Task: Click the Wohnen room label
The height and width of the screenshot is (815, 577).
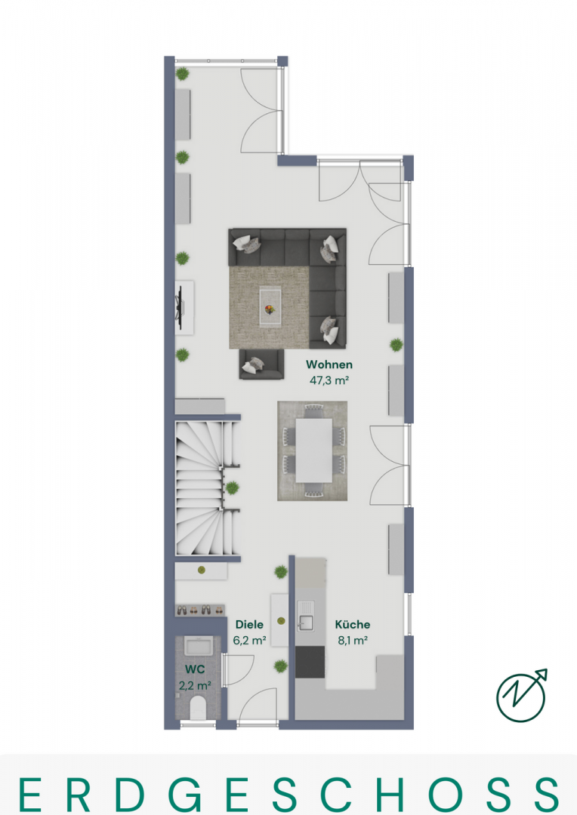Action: point(329,364)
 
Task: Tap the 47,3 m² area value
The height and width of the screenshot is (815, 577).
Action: point(329,380)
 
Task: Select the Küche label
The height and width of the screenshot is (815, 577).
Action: point(352,624)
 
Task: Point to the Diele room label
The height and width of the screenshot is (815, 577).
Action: point(249,624)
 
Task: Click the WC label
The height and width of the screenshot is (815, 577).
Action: point(195,669)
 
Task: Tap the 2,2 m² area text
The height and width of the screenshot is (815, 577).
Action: point(195,685)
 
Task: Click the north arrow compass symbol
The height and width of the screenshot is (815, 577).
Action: point(521,696)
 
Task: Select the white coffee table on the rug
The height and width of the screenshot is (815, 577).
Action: point(270,308)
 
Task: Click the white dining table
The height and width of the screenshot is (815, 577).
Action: point(314,450)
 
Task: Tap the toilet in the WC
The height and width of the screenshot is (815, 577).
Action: point(198,708)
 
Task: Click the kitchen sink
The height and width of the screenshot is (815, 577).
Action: point(305,616)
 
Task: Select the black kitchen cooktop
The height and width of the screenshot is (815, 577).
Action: point(310,662)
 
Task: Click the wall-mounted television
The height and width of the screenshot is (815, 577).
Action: point(180,308)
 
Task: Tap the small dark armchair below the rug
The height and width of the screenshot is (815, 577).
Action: point(262,364)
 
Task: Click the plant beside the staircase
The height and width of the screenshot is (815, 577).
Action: point(232,487)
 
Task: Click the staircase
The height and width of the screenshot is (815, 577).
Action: point(207,488)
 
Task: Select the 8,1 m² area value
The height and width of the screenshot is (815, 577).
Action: point(353,641)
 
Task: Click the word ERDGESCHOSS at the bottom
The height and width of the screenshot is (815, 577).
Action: point(288,795)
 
